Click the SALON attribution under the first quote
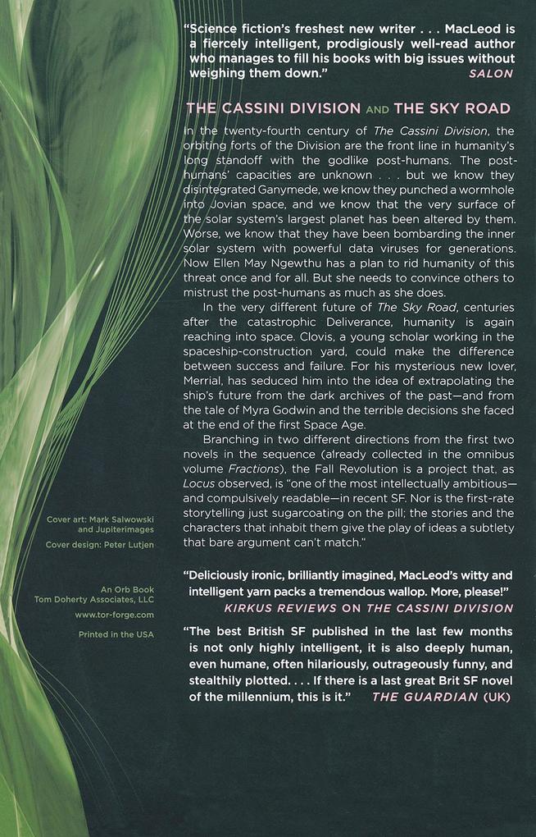pyautogui.click(x=491, y=73)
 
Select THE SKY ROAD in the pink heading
pyautogui.click(x=452, y=108)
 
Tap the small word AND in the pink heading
pyautogui.click(x=377, y=109)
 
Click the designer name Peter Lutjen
pyautogui.click(x=129, y=544)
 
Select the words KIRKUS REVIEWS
pyautogui.click(x=269, y=608)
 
